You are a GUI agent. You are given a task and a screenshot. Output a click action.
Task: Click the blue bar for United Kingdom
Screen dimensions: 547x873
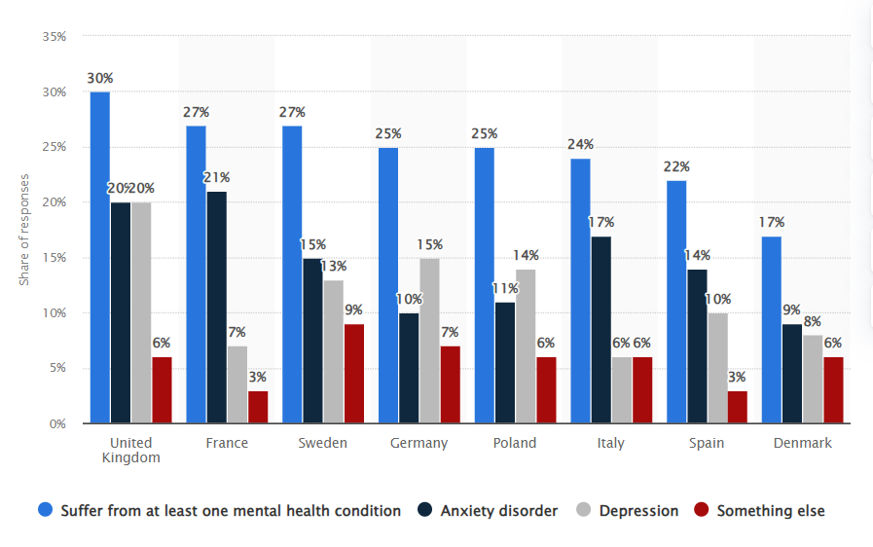(99, 258)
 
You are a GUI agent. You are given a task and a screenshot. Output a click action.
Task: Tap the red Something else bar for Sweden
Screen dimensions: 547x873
(353, 374)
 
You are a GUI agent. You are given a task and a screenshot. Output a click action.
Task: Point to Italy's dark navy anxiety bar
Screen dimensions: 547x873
(600, 330)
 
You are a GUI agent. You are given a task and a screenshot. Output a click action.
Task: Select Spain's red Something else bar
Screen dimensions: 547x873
(737, 407)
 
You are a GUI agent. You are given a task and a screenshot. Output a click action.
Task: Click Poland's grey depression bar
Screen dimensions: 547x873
(525, 346)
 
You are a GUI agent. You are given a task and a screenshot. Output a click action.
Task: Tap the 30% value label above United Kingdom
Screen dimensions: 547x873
(99, 78)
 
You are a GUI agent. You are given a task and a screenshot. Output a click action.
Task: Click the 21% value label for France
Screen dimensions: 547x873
(217, 177)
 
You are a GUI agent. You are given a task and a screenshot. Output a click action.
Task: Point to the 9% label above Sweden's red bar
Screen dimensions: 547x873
(353, 310)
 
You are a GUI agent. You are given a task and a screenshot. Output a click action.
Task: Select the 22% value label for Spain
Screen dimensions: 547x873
(676, 166)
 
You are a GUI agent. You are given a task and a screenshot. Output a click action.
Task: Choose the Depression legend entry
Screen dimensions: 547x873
(628, 510)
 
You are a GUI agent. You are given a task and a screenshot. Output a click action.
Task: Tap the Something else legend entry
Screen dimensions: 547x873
(760, 510)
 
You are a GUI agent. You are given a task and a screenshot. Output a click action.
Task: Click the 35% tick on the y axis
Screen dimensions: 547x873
(54, 37)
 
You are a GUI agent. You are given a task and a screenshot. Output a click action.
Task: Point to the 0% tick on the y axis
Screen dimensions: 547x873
(57, 423)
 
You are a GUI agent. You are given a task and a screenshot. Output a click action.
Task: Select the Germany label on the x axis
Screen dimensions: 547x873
(419, 443)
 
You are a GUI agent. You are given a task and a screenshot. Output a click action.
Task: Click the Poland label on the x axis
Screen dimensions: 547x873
(515, 443)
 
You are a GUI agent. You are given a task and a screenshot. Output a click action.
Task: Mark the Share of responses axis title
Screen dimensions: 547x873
(25, 230)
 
